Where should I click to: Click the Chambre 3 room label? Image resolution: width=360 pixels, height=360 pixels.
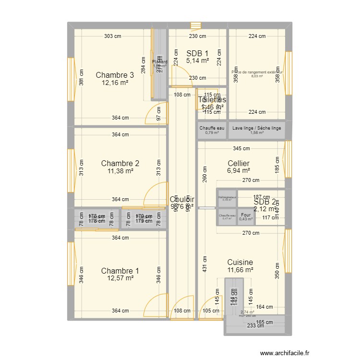[x=115, y=75]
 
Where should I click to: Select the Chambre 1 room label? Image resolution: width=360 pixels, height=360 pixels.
[x=120, y=271]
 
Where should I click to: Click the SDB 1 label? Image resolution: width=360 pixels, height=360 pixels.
[x=197, y=53]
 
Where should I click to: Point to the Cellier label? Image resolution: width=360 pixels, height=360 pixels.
[x=239, y=164]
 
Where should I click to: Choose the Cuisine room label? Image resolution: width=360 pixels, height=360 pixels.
[x=240, y=263]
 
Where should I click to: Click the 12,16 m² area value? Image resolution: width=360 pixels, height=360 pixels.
[x=115, y=83]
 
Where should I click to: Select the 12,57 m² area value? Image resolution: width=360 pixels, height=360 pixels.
[x=120, y=279]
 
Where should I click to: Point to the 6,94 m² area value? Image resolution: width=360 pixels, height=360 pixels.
[x=239, y=171]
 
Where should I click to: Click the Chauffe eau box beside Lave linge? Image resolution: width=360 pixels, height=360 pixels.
[x=212, y=130]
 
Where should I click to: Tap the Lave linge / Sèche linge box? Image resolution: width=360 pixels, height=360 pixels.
[x=257, y=130]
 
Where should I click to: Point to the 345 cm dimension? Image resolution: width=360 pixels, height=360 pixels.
[x=241, y=149]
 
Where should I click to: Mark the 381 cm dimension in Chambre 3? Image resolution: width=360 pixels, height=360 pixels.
[x=81, y=81]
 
